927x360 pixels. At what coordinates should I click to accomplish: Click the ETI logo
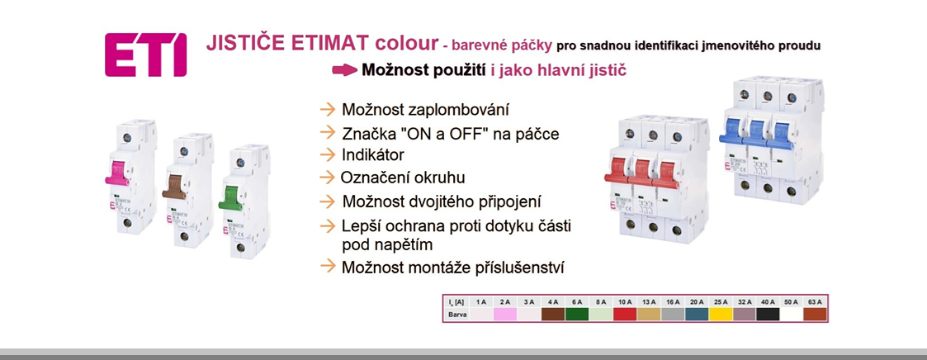[x=145, y=55]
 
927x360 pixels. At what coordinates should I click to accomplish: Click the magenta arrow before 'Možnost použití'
[x=344, y=70]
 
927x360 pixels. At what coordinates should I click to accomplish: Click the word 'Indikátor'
[x=373, y=154]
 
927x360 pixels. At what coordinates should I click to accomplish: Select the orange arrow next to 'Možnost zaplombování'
[x=328, y=110]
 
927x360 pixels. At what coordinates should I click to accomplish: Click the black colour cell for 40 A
[x=769, y=315]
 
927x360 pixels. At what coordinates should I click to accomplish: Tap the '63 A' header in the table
[x=815, y=301]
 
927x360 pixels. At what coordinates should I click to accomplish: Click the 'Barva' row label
[x=455, y=315]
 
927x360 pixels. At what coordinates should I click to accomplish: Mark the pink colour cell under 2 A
[x=504, y=315]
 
